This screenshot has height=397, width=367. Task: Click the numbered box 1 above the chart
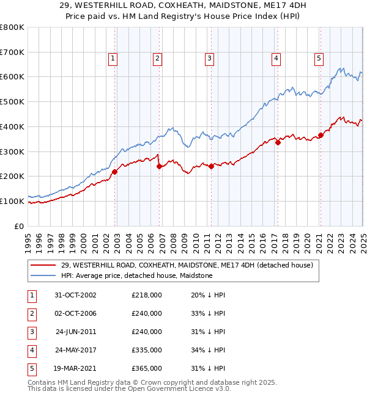click(x=114, y=59)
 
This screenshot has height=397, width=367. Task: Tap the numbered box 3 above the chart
click(x=209, y=59)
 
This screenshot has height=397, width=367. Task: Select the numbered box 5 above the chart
click(x=319, y=59)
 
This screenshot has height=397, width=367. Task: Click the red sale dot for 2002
click(x=114, y=172)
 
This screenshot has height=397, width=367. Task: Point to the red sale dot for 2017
click(x=277, y=142)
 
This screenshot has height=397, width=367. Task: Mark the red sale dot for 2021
click(x=320, y=135)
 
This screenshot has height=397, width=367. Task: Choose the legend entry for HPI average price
click(x=136, y=275)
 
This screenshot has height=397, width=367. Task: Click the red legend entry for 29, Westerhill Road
click(x=187, y=265)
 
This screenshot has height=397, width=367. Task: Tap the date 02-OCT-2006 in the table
click(x=76, y=313)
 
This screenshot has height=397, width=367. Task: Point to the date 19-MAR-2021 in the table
click(x=76, y=368)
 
